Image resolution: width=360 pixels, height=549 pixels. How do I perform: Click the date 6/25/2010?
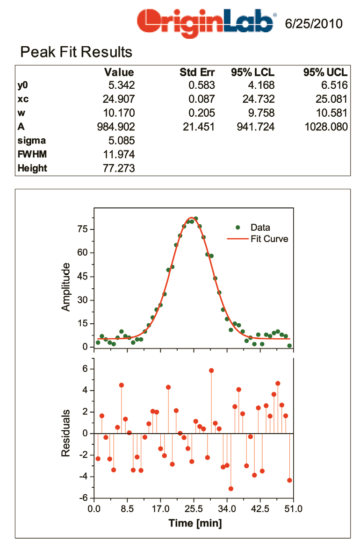click(x=314, y=24)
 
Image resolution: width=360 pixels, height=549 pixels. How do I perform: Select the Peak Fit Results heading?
click(x=76, y=52)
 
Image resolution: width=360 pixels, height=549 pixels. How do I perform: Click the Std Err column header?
click(x=197, y=72)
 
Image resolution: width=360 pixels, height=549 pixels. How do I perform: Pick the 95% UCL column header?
click(x=325, y=72)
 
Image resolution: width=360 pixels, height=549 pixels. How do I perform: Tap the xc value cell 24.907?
click(x=119, y=99)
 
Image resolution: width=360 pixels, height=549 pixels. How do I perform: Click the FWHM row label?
click(x=32, y=154)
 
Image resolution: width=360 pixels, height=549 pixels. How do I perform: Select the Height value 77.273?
click(x=119, y=168)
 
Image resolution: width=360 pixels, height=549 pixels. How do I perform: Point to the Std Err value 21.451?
click(x=199, y=127)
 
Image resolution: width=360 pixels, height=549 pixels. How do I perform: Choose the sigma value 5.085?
click(x=121, y=140)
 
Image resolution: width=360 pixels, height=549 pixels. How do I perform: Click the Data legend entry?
click(x=253, y=228)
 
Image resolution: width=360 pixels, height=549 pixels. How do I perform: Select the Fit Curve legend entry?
click(x=258, y=239)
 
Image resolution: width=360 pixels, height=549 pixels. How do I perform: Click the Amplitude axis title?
click(x=65, y=287)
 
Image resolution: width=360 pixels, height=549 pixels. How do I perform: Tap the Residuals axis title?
click(x=65, y=433)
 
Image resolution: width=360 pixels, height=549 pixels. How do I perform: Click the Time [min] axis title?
click(x=195, y=523)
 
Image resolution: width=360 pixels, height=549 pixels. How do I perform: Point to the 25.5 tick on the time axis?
click(x=194, y=509)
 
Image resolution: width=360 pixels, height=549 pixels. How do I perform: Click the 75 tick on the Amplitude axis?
click(x=83, y=229)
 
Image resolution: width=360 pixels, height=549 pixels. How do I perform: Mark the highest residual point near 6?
click(x=211, y=371)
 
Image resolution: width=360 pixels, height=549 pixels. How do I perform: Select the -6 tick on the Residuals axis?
click(x=83, y=498)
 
